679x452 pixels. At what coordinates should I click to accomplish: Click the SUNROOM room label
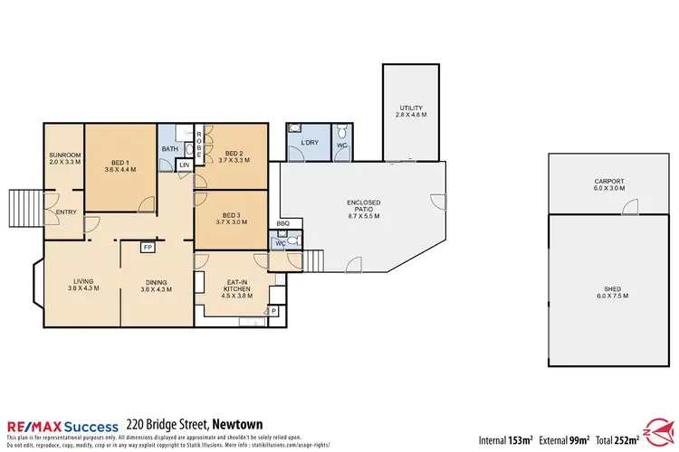(65, 155)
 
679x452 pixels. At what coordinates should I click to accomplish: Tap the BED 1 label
(120, 162)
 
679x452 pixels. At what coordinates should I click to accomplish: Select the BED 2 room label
(234, 154)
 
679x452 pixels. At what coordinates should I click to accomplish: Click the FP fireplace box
(147, 246)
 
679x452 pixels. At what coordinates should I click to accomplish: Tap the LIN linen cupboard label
(185, 165)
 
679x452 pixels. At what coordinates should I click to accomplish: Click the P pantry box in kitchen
(274, 310)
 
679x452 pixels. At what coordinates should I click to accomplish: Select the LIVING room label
(84, 281)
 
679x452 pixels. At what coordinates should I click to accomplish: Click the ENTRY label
(67, 212)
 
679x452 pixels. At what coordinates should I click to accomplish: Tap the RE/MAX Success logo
(62, 425)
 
